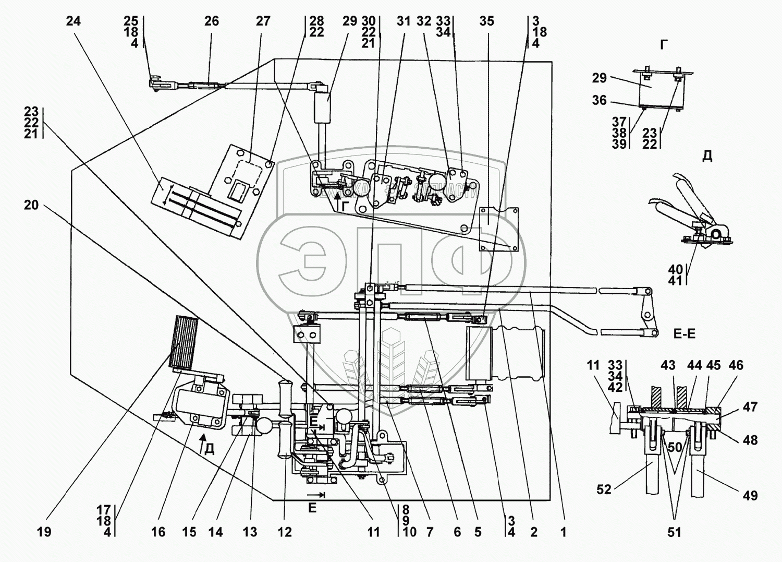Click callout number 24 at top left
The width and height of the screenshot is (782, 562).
pos(74,21)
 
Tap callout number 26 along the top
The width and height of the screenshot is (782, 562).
pos(211,21)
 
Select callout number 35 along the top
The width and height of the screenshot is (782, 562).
pos(486,21)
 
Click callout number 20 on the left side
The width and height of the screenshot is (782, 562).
pos(31,205)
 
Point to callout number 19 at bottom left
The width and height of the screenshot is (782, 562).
pos(44,532)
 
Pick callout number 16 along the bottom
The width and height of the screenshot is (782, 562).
pos(158,532)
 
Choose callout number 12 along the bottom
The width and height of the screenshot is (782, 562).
pos(285,532)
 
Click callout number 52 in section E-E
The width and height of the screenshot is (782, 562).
pos(604,490)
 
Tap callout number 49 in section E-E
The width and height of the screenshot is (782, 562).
pos(750,495)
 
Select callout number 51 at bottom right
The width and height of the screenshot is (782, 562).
pos(675,532)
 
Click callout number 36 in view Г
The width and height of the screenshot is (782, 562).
pos(600,100)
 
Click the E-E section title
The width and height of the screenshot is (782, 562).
pos(684,334)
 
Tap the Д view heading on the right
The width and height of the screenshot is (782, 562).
pos(707,156)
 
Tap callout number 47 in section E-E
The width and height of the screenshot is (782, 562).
pos(750,406)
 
